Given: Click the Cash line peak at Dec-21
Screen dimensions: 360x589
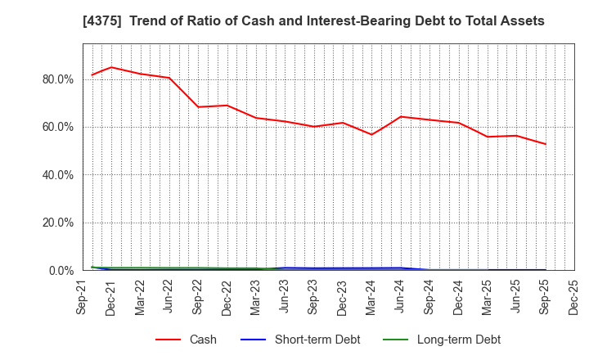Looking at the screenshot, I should [112, 67].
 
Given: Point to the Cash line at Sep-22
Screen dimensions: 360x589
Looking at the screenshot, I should [198, 106].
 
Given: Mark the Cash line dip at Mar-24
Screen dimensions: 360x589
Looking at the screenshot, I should [371, 134].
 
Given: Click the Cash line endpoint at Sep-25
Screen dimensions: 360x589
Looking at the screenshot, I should [546, 144].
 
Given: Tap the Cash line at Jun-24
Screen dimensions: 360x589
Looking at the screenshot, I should [401, 116].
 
